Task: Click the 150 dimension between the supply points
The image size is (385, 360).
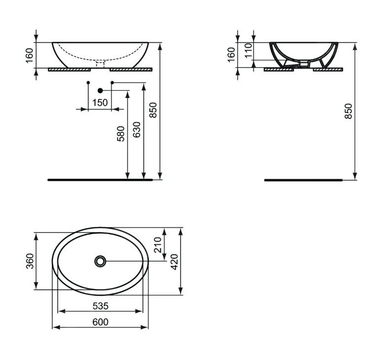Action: click(x=100, y=102)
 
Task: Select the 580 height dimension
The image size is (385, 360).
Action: click(x=121, y=134)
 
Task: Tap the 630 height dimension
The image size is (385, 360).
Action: click(x=137, y=129)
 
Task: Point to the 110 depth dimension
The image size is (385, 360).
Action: click(x=248, y=49)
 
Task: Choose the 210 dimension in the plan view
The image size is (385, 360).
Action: click(x=158, y=244)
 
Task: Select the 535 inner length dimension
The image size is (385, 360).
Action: click(x=100, y=306)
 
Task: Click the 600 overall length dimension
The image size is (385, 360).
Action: click(x=100, y=322)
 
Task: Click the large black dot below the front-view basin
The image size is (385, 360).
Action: click(x=101, y=90)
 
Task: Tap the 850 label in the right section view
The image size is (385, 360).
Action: click(x=349, y=112)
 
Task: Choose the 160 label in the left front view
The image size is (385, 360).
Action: click(x=29, y=54)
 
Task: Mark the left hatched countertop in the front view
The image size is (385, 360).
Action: click(x=69, y=69)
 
